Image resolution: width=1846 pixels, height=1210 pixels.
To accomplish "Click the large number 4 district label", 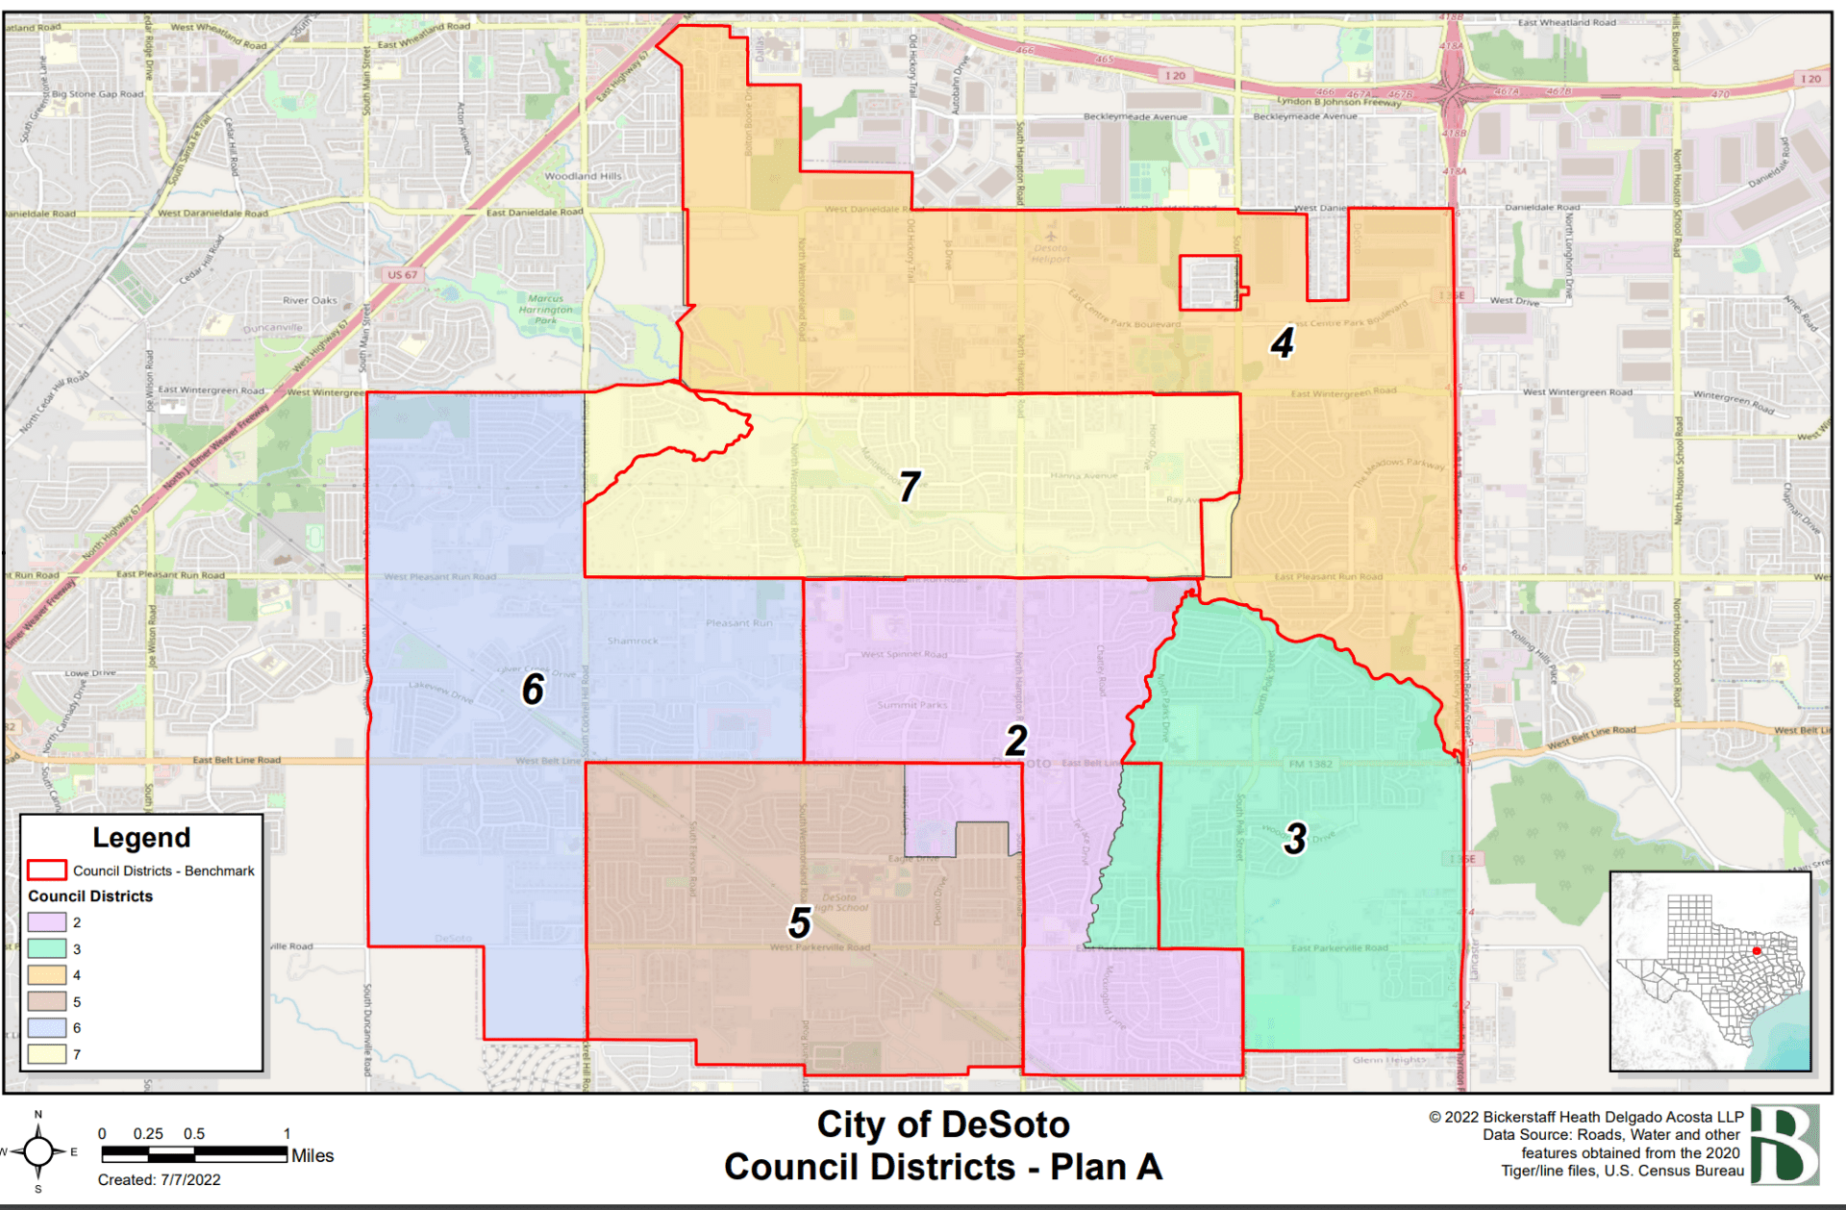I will click(1283, 343).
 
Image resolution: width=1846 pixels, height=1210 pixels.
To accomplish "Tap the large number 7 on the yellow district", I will click(910, 487).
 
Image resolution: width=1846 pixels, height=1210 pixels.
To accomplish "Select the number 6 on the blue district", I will click(534, 689).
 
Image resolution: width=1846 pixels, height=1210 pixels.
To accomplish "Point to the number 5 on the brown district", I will click(800, 922).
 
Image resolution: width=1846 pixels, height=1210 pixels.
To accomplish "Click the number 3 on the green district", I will click(1295, 839).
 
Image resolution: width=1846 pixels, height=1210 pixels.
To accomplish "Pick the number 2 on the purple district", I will click(1016, 741).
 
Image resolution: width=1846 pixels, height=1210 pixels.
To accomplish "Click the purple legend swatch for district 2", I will click(47, 922).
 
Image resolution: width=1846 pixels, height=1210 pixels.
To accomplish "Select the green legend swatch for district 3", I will click(47, 948).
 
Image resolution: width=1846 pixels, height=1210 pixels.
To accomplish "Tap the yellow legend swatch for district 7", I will click(47, 1054).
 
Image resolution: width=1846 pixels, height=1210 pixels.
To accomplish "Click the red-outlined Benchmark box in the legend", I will click(47, 870).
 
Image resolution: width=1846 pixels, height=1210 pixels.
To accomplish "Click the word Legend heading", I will click(141, 838).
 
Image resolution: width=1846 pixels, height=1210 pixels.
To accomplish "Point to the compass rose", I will click(38, 1150).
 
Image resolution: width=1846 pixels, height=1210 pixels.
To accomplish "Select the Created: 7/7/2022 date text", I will click(159, 1180).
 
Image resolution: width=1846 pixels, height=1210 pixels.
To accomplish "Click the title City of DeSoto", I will click(942, 1124).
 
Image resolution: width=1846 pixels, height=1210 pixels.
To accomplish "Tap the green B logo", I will click(1784, 1145).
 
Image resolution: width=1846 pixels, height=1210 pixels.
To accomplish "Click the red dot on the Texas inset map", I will click(1757, 951).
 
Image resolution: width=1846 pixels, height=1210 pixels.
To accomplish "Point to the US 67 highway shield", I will click(403, 275).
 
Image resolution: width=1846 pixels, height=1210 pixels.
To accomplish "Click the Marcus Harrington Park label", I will click(545, 310).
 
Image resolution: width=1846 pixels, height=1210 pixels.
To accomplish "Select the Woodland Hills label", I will click(583, 176).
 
